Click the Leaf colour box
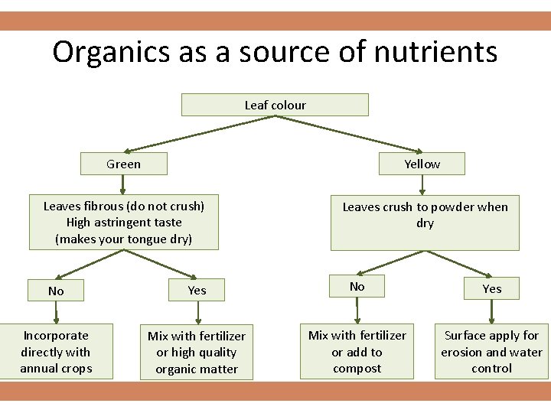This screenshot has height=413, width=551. tap(275, 105)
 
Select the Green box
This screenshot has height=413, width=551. tap(124, 164)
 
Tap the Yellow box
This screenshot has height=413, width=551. tap(422, 164)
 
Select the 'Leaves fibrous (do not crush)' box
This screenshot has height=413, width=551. tap(124, 223)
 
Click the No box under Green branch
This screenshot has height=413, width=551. tap(56, 291)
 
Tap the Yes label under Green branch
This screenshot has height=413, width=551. tap(197, 290)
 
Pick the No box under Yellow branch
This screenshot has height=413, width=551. tap(357, 287)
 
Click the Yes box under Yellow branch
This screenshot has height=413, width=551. tap(491, 288)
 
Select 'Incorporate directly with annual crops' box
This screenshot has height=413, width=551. tap(56, 352)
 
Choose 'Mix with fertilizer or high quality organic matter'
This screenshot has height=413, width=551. tap(197, 353)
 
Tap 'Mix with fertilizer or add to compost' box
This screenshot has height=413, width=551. tap(357, 352)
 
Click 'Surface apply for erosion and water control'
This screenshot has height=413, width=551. tap(491, 352)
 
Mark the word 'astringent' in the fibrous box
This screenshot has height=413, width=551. tap(123, 223)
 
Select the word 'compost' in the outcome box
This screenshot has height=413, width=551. tap(357, 369)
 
